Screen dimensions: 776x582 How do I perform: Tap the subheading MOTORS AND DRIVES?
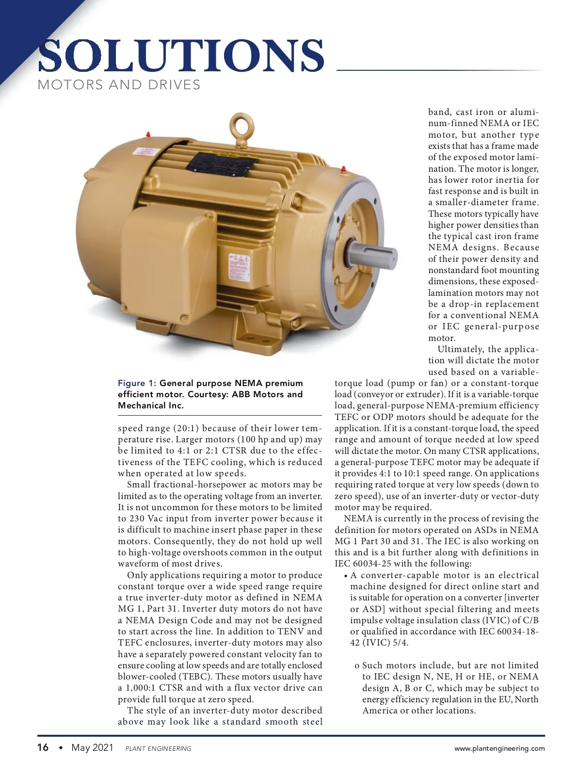(x=119, y=85)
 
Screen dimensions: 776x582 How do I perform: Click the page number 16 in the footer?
(x=43, y=747)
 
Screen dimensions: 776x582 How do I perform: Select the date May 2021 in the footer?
(x=92, y=747)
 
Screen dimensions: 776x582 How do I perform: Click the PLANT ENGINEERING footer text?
(x=158, y=748)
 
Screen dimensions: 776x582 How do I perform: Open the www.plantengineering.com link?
(x=499, y=748)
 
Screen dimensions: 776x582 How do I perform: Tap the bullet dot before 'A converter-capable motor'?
(x=345, y=576)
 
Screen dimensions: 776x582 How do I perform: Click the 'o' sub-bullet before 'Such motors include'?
(x=356, y=666)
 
